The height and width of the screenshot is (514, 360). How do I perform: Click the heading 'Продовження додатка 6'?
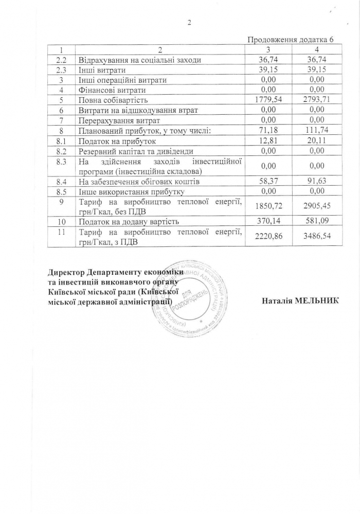[x=291, y=40]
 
